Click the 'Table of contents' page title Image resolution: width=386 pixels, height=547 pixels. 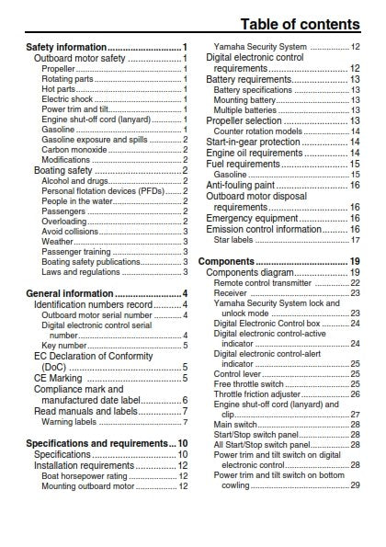point(301,24)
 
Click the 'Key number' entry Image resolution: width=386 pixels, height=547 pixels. point(64,346)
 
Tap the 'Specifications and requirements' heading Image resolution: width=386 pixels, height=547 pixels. point(97,443)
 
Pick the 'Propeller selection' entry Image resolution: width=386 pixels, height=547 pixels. point(244,120)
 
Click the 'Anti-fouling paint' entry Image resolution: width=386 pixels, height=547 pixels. point(242,185)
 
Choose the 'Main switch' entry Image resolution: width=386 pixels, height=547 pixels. point(235,425)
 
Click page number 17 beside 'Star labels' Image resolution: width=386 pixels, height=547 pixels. point(355,240)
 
